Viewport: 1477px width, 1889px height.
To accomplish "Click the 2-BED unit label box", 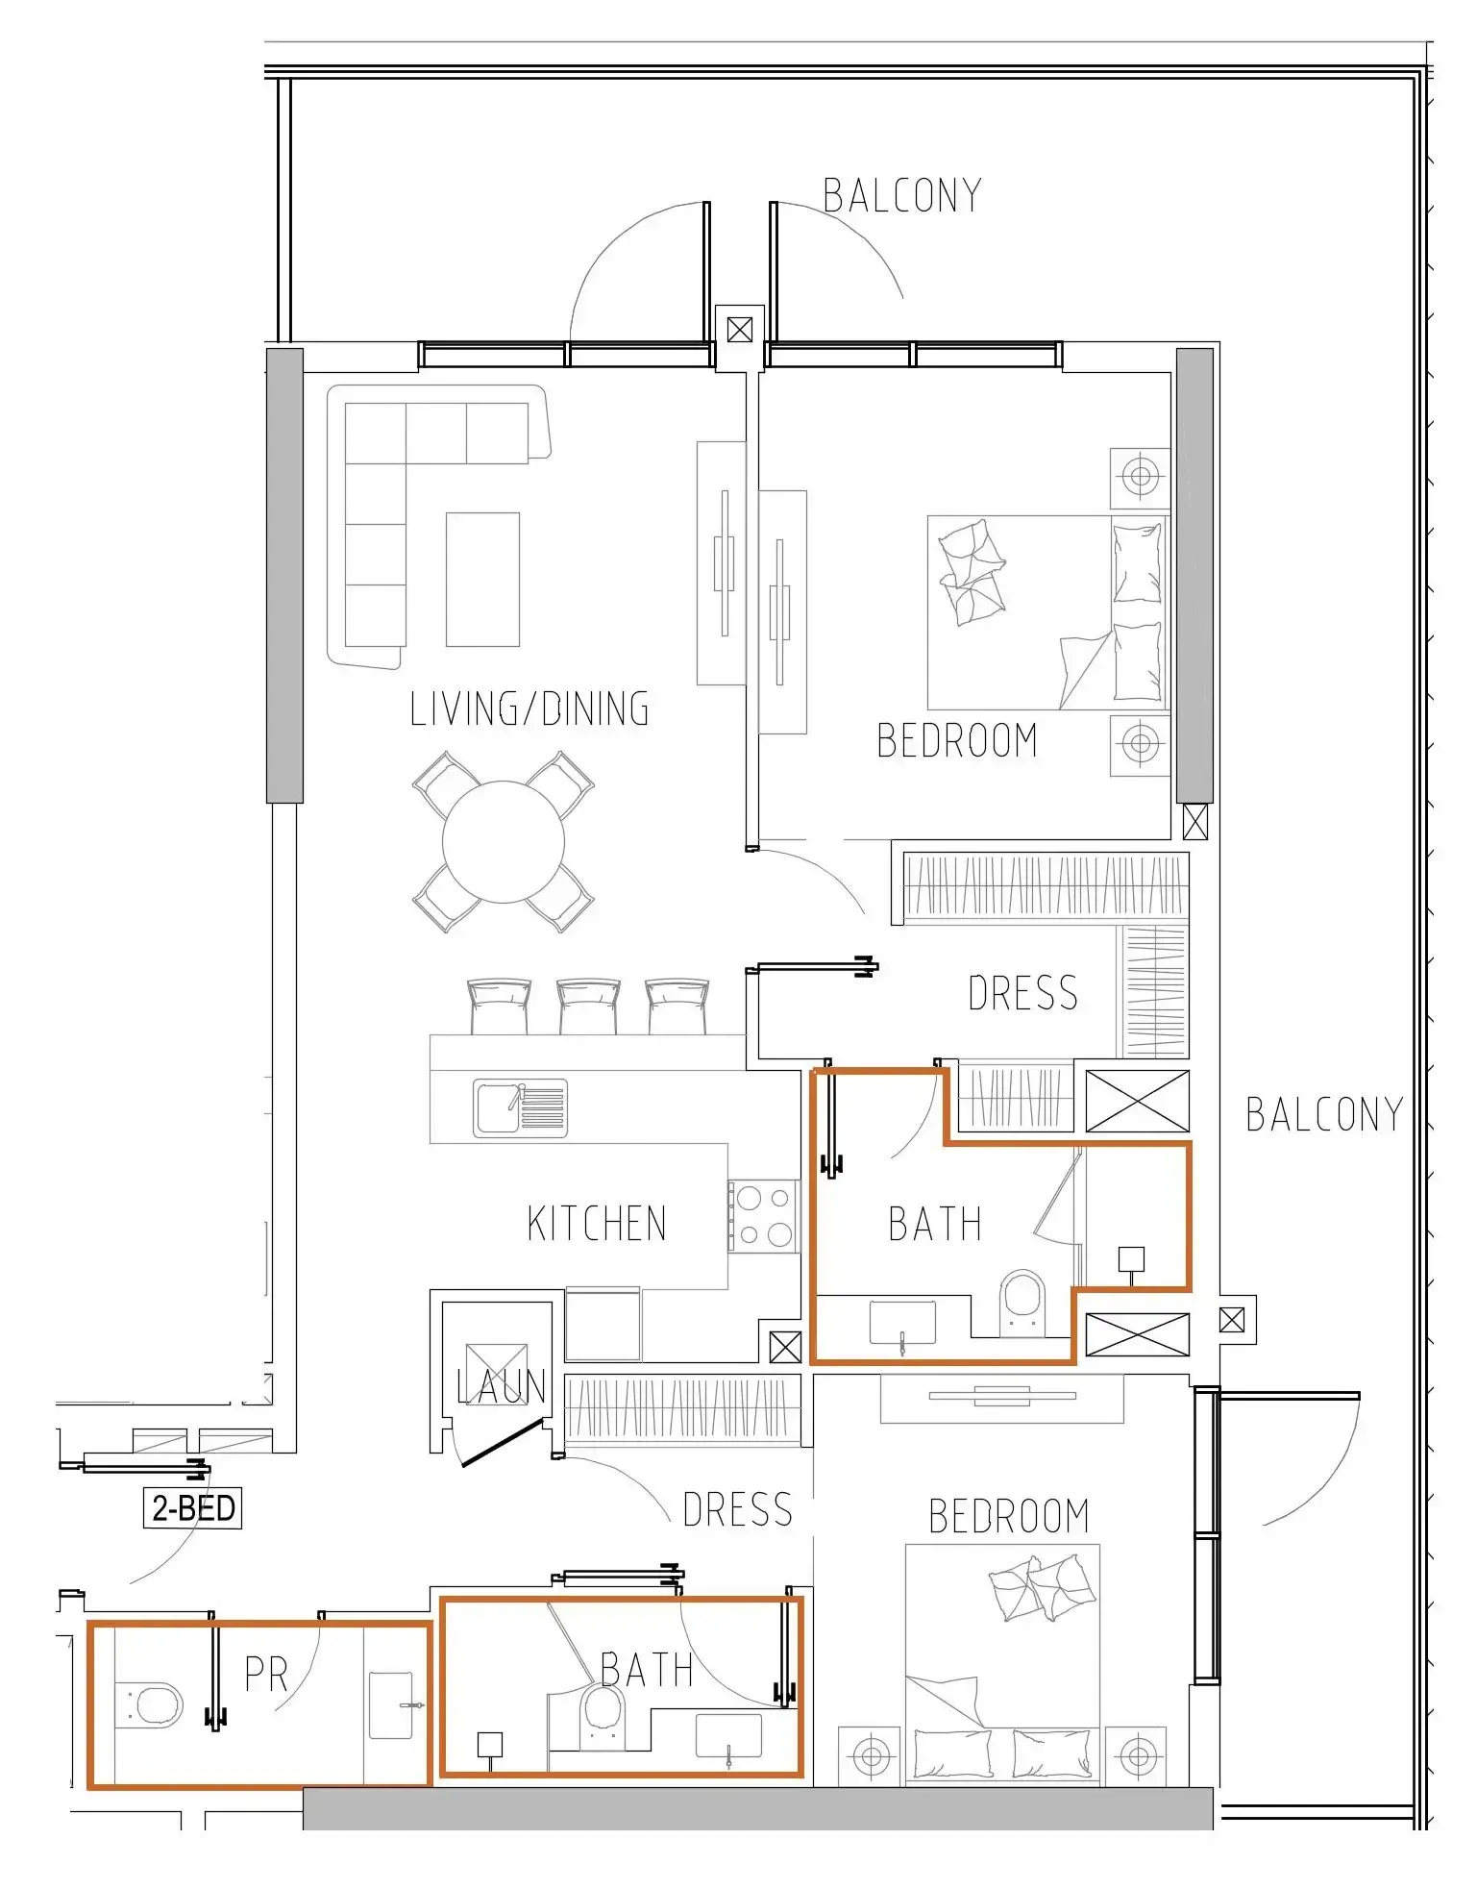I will pos(192,1507).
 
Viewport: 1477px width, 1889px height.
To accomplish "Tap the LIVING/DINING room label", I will pos(529,709).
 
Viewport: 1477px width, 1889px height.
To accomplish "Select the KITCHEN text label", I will pos(596,1224).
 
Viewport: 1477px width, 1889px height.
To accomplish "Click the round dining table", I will pos(504,842).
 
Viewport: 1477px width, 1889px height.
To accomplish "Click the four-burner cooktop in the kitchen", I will pos(764,1216).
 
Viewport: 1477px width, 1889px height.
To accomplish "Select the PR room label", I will pos(266,1674).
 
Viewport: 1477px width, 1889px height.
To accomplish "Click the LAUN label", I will pos(501,1385).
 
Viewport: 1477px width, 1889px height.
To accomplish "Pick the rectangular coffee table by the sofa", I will pos(482,579).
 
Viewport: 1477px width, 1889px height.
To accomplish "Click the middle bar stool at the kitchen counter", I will pos(587,1006).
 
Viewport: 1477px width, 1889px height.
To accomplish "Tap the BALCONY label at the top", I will pos(901,196).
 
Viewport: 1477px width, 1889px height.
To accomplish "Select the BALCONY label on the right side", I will pos(1323,1115).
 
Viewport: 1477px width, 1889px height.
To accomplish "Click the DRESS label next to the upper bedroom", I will pos(1022,993).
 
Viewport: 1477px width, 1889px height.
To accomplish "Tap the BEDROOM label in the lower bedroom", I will pos(1008,1516).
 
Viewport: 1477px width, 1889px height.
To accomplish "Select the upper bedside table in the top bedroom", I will pos(1140,477).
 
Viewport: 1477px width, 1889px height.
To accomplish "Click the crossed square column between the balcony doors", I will pos(739,331).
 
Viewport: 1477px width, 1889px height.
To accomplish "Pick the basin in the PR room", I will pos(391,1704).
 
